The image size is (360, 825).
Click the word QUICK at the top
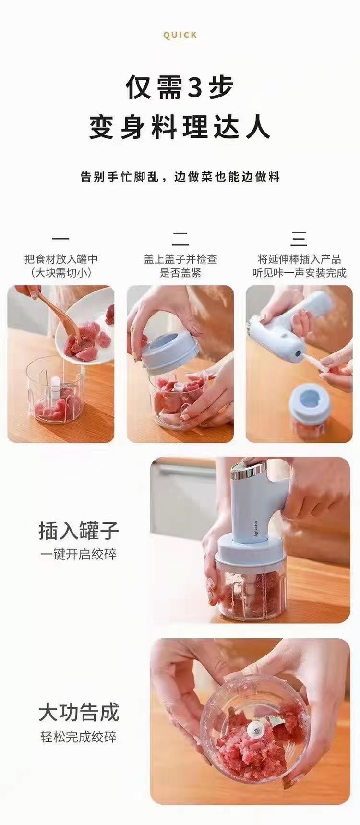click(x=180, y=35)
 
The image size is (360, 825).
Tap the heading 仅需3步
click(x=180, y=87)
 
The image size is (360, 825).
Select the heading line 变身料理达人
click(x=180, y=127)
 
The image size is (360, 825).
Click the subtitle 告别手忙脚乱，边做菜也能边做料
click(x=180, y=177)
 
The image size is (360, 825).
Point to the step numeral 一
click(x=60, y=238)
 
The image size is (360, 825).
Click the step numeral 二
click(x=180, y=238)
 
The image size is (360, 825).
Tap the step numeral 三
click(x=299, y=238)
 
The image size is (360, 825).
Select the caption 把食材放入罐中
click(x=61, y=259)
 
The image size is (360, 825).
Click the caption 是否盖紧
click(x=180, y=273)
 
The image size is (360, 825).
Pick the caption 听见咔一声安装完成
click(x=299, y=273)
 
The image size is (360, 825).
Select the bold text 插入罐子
click(x=78, y=531)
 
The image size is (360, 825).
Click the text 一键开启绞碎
click(x=78, y=555)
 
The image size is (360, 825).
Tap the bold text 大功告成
click(x=78, y=713)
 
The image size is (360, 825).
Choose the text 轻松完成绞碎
click(x=78, y=737)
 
